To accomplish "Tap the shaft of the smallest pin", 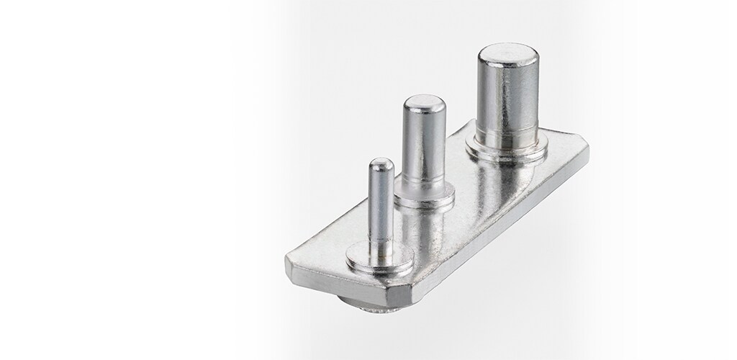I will pos(379,209).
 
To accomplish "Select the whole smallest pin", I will pos(379,216).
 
